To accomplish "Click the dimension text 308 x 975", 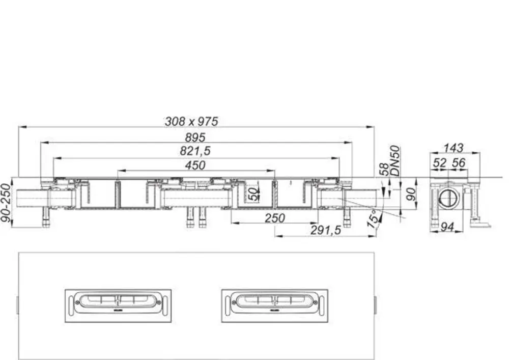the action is pyautogui.click(x=191, y=121).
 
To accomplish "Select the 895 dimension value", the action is pyautogui.click(x=195, y=137).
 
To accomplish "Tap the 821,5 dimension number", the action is pyautogui.click(x=195, y=151).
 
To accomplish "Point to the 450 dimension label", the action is pyautogui.click(x=195, y=165).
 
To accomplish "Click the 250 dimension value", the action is pyautogui.click(x=275, y=218).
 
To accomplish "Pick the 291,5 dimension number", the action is pyautogui.click(x=326, y=230).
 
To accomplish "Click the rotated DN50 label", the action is pyautogui.click(x=395, y=161).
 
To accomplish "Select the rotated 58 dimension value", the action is pyautogui.click(x=384, y=170).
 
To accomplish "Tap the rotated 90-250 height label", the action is pyautogui.click(x=6, y=203).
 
